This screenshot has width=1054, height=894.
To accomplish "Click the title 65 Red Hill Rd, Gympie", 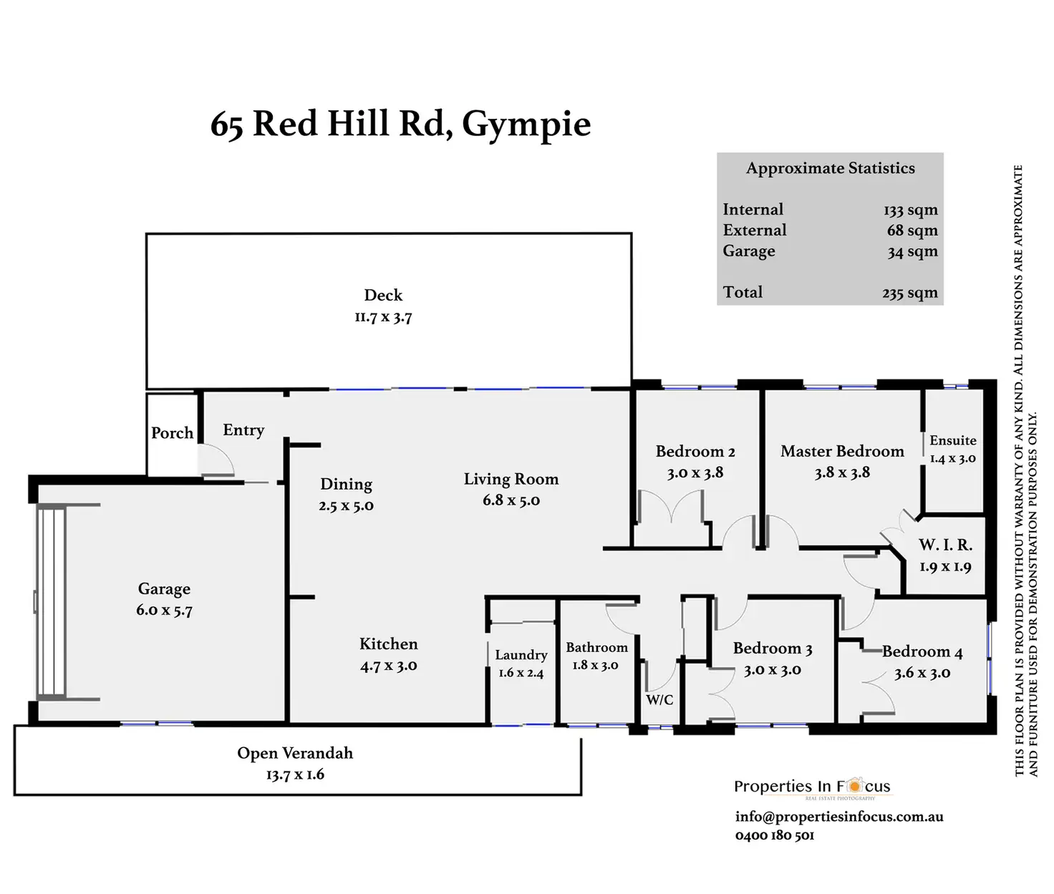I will [400, 124].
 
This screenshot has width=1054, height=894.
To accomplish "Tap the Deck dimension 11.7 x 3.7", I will [383, 317].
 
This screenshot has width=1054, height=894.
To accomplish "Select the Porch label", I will [172, 433].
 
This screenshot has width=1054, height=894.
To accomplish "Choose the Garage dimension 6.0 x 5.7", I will [164, 611].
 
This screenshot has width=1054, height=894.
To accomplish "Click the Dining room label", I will [346, 484].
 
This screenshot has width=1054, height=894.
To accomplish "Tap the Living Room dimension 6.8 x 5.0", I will [511, 500].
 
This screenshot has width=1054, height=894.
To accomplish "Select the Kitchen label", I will [388, 643].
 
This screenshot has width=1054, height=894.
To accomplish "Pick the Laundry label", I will [521, 655].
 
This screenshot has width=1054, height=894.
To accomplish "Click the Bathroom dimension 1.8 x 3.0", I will [595, 665].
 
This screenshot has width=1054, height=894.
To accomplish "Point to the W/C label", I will [659, 699].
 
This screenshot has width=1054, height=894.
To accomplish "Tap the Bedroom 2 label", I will [695, 452].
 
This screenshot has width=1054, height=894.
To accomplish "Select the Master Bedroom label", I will [842, 452].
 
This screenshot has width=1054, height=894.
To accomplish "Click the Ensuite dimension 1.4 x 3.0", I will [952, 459].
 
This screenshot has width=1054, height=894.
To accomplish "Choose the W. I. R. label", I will [945, 545].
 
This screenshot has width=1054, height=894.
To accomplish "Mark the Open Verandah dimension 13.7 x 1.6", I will [295, 774].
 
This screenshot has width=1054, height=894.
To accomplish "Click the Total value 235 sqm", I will [909, 293].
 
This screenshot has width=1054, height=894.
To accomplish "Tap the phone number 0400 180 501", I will [774, 835].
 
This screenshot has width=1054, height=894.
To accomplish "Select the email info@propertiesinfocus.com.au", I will [838, 817].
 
